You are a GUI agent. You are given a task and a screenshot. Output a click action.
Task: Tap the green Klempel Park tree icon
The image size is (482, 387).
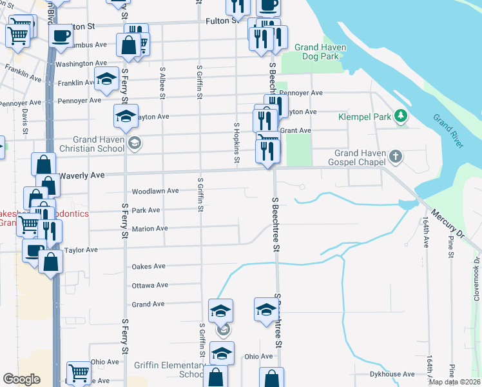click(x=401, y=115)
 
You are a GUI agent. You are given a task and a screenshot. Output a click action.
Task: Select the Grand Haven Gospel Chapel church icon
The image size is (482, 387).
click(x=396, y=156)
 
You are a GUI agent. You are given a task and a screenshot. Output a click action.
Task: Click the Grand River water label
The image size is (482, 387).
click(x=448, y=131)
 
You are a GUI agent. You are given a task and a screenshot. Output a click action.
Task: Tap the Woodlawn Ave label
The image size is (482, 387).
click(x=155, y=192)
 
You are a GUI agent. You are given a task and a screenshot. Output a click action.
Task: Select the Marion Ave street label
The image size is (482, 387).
click(x=149, y=228)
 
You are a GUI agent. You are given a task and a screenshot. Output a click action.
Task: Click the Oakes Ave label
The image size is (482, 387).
click(x=149, y=266)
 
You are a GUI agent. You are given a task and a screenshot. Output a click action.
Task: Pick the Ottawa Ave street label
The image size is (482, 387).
click(x=149, y=285)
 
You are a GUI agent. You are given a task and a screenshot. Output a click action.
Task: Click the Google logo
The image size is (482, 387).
click(x=21, y=379)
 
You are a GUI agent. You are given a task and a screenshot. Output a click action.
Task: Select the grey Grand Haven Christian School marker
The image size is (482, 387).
click(x=135, y=143)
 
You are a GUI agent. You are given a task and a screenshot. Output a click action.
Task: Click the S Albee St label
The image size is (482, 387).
click(x=162, y=83)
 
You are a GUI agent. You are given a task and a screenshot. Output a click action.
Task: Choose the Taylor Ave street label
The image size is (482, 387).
click(x=81, y=250)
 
